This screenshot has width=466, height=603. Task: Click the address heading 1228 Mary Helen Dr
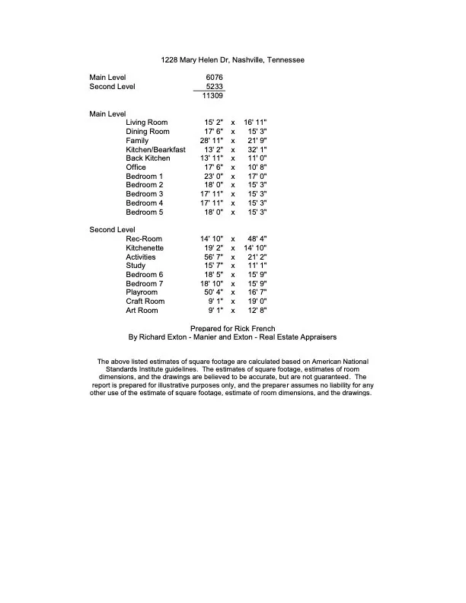pos(232,59)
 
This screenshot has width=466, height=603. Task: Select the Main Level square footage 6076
pos(214,78)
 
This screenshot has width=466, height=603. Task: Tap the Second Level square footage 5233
pos(214,87)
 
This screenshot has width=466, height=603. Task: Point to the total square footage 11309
pos(212,96)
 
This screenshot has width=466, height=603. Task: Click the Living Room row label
pos(147,123)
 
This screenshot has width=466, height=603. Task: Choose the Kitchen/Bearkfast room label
pos(155,150)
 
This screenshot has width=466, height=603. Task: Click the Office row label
pos(136,167)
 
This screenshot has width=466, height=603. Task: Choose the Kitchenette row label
pos(145,248)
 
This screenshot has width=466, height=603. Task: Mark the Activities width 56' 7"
pos(211,257)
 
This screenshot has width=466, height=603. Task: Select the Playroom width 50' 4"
pos(211,293)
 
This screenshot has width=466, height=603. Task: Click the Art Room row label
pos(142,311)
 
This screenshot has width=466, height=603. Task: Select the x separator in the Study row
pos(232,266)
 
